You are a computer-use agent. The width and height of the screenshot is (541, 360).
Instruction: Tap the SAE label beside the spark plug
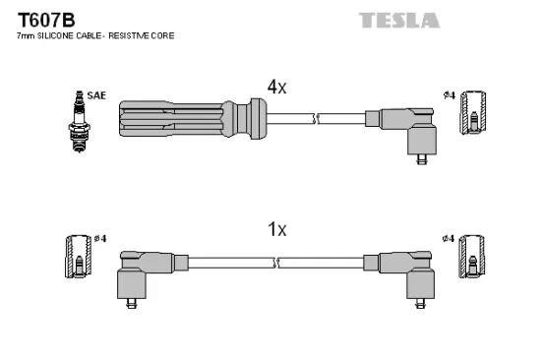96,95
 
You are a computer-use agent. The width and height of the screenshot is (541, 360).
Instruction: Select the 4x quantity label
276,87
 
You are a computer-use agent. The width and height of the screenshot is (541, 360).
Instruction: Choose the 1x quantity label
276,229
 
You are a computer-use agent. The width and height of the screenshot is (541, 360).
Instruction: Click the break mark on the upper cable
316,119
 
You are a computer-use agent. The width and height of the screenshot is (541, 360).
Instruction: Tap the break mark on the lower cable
278,263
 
